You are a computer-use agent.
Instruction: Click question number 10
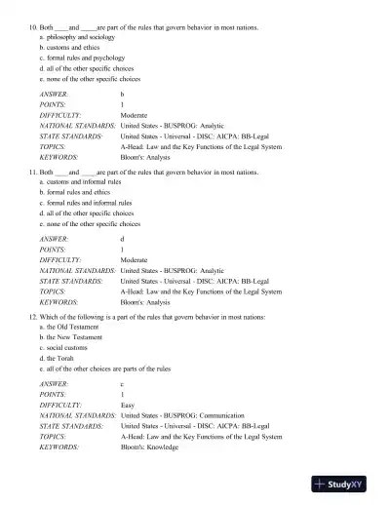(x=31, y=27)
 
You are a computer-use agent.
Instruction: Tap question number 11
(x=31, y=171)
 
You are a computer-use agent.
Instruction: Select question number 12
(x=31, y=314)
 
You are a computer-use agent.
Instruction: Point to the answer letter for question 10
(x=122, y=94)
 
